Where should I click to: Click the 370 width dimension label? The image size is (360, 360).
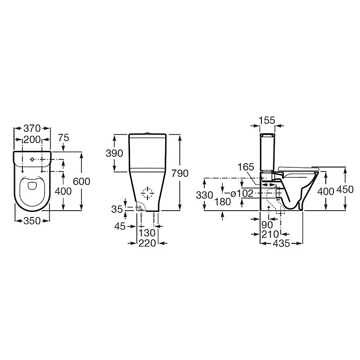[32, 127]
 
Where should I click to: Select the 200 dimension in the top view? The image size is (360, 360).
[32, 139]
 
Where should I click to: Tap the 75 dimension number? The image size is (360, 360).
[63, 139]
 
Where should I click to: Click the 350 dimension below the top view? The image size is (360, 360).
[32, 220]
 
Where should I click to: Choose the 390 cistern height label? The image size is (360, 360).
[114, 153]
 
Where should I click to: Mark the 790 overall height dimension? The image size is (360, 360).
[179, 173]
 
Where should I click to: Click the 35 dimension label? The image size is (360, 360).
[117, 209]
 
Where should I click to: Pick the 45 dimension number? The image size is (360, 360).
[120, 226]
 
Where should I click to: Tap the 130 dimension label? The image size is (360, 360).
[147, 233]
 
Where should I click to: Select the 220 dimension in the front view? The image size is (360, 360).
[147, 243]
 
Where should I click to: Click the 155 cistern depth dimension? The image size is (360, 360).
[267, 120]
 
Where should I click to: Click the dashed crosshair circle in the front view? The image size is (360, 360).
[148, 194]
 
